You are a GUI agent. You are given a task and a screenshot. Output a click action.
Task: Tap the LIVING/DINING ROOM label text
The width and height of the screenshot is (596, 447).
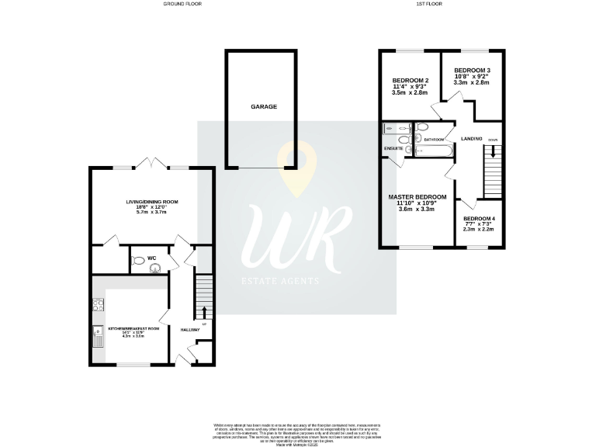pos(152,202)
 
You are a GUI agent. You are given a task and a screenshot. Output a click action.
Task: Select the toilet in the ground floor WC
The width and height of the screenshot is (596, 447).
pos(139,262)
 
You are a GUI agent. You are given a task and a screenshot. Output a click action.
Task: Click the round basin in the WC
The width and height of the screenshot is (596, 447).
pos(154,269)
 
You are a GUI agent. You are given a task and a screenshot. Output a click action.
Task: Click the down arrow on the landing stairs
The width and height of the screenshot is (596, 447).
pos(491,158)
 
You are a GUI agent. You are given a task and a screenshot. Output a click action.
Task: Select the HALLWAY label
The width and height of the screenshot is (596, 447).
pos(191,330)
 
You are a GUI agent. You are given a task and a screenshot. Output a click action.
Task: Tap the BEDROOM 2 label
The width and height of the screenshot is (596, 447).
pos(411,81)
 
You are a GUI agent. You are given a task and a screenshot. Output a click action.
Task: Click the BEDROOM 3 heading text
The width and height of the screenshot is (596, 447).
pos(473,71)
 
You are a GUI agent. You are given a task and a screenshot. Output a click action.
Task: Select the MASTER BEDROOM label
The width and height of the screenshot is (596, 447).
pos(418,197)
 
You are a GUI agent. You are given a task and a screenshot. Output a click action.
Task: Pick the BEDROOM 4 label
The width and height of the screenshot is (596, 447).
pos(479,219)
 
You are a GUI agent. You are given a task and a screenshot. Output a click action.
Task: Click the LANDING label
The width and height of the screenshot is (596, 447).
pos(472,138)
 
